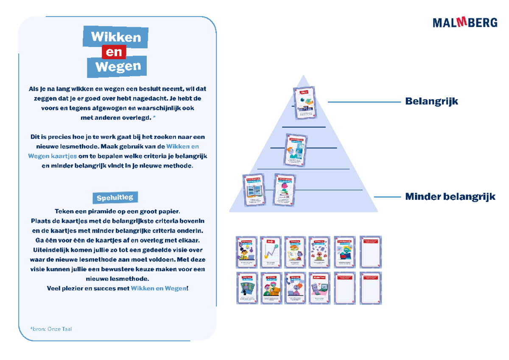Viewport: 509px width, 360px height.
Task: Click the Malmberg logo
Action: coord(465,22)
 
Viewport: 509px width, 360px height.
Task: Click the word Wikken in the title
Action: coord(115,37)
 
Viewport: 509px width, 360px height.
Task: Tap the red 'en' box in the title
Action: coord(114,52)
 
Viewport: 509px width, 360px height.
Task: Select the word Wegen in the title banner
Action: coord(117,66)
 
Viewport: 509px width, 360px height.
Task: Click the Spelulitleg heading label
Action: coord(115,198)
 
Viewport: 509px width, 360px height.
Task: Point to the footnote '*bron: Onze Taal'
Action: coord(51,329)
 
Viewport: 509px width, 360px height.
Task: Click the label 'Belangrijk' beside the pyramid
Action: coord(431,101)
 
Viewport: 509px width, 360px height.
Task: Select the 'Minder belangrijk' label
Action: coord(450,197)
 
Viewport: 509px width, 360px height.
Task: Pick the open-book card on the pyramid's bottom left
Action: coord(253,190)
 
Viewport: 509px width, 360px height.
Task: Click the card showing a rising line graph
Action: coord(271,252)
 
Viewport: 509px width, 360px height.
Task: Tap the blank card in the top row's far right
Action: coord(370,252)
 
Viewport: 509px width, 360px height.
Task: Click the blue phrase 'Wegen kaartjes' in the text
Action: coord(53,156)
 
